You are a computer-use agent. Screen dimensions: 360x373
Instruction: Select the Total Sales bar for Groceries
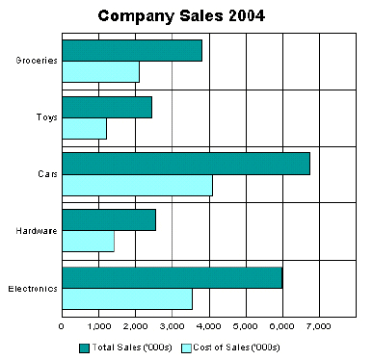(x=131, y=51)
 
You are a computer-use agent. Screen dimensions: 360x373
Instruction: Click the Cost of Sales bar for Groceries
(x=100, y=72)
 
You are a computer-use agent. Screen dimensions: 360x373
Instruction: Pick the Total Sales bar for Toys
(x=106, y=108)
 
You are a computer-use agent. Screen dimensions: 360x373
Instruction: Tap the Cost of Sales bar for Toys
(x=84, y=128)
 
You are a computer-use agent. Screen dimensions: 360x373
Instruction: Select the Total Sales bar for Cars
(x=185, y=164)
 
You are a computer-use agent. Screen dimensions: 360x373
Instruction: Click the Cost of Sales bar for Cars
(x=136, y=185)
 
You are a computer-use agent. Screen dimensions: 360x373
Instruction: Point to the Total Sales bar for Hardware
(x=108, y=220)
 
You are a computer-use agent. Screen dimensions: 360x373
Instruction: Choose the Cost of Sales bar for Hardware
(x=88, y=242)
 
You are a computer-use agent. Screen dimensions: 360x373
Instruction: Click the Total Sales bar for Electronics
(x=172, y=277)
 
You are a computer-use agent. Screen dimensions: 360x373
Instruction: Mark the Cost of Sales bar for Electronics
(x=126, y=298)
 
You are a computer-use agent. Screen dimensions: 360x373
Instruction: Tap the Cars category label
(x=46, y=175)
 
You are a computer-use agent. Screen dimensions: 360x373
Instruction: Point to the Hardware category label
(x=37, y=232)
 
